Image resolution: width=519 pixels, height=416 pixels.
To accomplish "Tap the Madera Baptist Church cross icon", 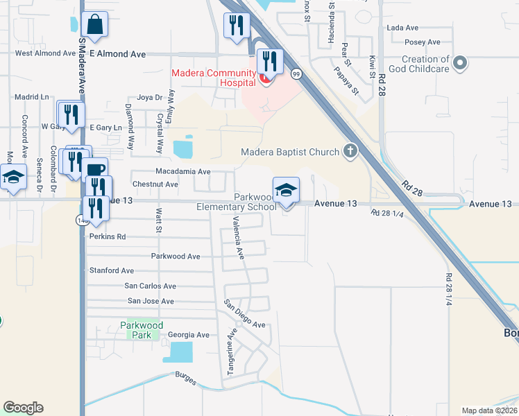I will click(x=351, y=152).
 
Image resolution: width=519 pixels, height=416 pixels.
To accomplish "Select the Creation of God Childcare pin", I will click(x=459, y=64).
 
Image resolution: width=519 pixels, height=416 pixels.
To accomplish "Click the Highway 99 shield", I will click(x=296, y=73).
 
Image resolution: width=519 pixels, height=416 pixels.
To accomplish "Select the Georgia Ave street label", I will click(x=188, y=335).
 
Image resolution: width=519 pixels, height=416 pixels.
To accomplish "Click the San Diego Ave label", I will click(x=244, y=315).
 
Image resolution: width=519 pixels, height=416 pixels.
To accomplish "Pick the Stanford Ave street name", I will click(x=111, y=270).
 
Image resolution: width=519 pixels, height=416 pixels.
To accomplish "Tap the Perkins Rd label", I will click(x=108, y=236).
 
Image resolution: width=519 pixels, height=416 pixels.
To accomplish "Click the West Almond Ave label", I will click(x=45, y=53).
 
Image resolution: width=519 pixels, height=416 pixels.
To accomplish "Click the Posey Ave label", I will click(x=420, y=42).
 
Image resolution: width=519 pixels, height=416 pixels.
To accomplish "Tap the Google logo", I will click(x=23, y=408).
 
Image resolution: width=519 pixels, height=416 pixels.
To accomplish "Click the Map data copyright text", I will click(x=490, y=410).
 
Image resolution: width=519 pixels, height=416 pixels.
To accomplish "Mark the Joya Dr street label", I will click(x=149, y=98).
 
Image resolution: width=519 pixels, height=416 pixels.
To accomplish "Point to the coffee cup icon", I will click(x=96, y=169).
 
